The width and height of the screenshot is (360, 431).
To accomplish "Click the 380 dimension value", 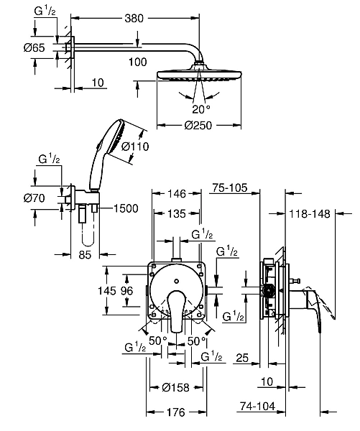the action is pos(134,19).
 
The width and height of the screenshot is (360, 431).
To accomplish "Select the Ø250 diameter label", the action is pos(198,125).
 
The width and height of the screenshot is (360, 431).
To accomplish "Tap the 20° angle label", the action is pos(201,109).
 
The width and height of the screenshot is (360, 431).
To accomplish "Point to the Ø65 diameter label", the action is pos(34,48).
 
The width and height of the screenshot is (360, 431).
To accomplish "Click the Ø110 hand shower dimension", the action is pos(135,147).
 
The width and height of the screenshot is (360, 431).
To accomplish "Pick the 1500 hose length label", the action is pos(126,208).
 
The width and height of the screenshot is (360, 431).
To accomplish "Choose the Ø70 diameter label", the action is pos(34,198).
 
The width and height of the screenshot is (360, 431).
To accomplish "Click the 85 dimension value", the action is pos(85,255).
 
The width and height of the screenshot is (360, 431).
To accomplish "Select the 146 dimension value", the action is pos(177,194).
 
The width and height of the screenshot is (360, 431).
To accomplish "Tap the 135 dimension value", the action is pos(177,213).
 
